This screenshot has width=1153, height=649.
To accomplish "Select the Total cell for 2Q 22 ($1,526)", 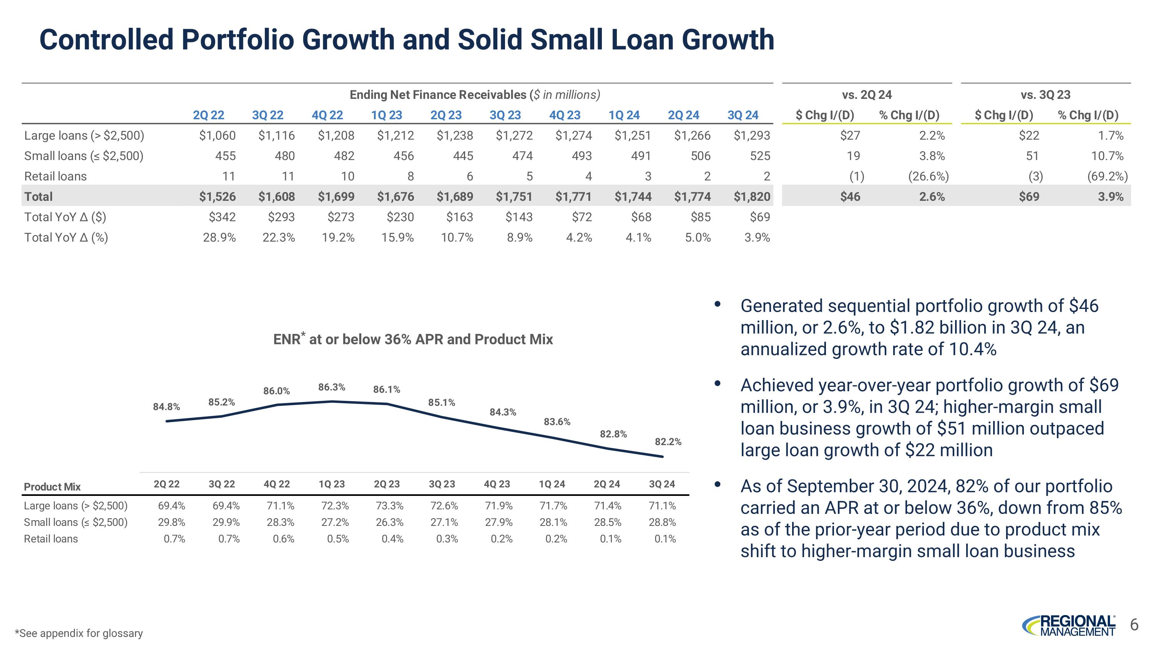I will (x=217, y=197).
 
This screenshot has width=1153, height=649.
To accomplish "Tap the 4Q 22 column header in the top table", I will (x=327, y=115).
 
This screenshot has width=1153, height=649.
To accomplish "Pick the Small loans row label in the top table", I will (x=84, y=156).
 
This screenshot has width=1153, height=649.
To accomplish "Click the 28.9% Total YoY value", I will (x=219, y=237).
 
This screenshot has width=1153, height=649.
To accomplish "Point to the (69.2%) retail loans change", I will (x=1107, y=177).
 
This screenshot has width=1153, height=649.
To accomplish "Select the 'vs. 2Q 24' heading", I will (x=867, y=95).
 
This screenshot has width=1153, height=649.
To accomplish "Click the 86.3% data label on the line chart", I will (x=332, y=387).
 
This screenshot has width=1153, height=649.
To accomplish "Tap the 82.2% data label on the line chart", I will (x=668, y=442).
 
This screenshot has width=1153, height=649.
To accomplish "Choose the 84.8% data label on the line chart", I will (x=166, y=407).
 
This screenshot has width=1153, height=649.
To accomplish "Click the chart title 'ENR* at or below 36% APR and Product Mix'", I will (x=413, y=339).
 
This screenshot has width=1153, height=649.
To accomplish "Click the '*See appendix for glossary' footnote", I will (x=79, y=633).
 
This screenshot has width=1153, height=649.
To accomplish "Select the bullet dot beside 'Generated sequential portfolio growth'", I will (x=718, y=304).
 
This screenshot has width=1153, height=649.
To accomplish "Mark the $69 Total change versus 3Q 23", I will (x=1028, y=197).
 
